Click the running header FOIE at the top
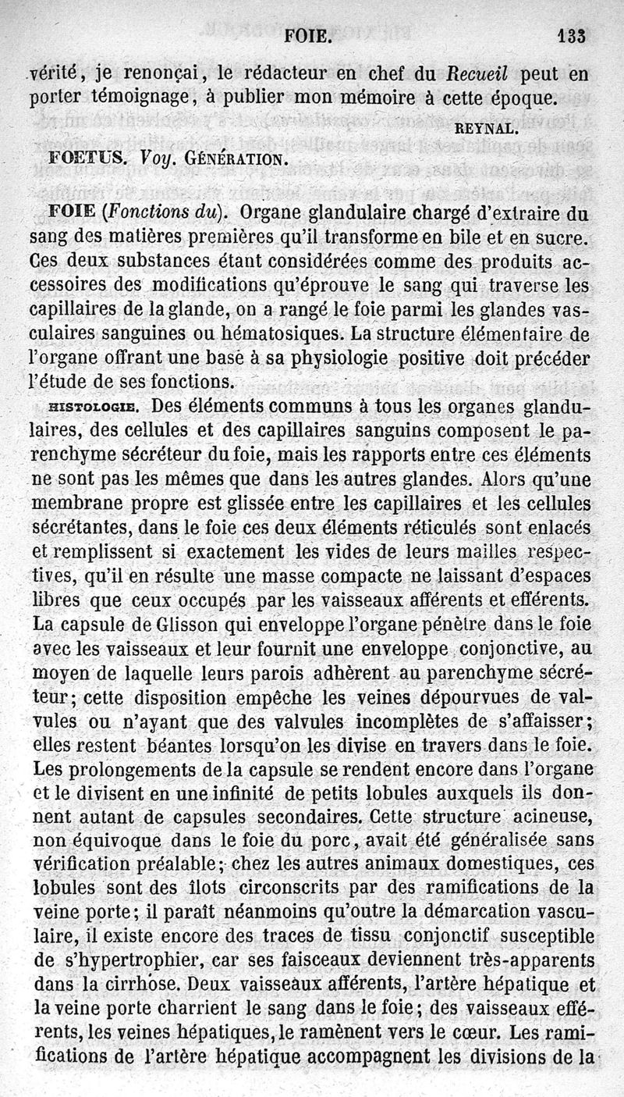pos(310,35)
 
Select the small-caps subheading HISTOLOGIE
pos(94,407)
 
